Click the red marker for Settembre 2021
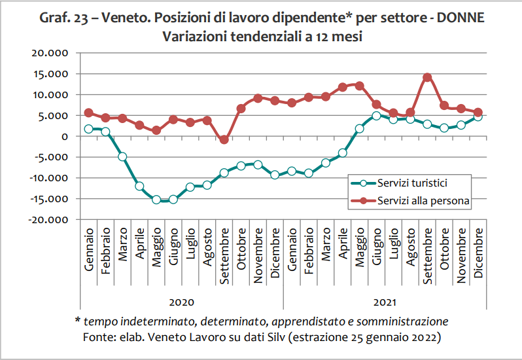tap(427, 77)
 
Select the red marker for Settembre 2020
tap(224, 139)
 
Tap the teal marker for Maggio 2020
tap(156, 200)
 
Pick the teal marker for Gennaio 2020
tap(88, 129)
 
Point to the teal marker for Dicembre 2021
tap(478, 117)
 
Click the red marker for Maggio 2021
tap(359, 85)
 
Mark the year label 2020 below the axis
tap(182, 303)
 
